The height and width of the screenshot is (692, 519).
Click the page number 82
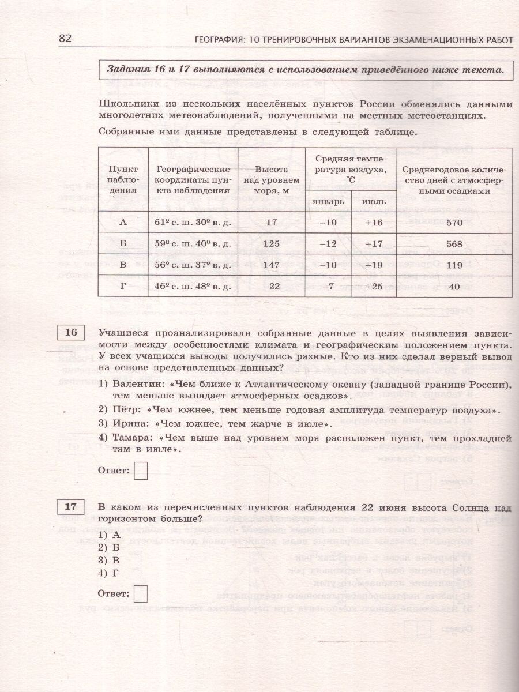click(65, 38)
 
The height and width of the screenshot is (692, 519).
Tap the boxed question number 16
click(71, 333)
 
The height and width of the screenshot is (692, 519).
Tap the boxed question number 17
click(71, 507)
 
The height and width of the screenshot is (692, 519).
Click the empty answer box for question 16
click(140, 472)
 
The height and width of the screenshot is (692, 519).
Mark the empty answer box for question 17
click(140, 593)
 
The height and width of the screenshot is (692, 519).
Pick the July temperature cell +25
click(374, 285)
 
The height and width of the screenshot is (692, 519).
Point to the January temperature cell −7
click(326, 285)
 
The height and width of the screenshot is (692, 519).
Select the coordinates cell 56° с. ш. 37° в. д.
click(193, 265)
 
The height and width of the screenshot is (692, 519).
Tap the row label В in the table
click(122, 265)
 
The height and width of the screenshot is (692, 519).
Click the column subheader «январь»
click(327, 201)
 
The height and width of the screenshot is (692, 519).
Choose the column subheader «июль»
click(373, 201)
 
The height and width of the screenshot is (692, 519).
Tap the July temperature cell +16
click(374, 222)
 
